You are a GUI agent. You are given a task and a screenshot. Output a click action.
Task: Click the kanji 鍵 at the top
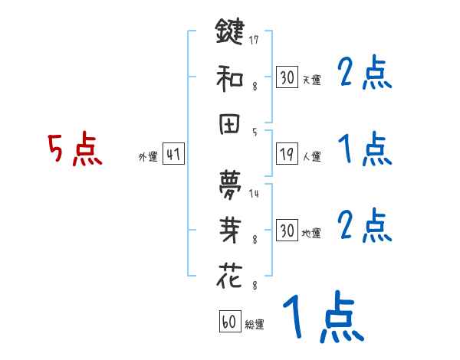[230, 33]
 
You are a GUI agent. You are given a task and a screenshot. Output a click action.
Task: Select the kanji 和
[230, 77]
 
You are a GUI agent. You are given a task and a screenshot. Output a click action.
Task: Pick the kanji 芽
[230, 230]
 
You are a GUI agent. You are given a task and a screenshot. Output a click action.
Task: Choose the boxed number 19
[287, 154]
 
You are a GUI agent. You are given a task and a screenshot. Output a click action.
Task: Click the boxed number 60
[229, 322]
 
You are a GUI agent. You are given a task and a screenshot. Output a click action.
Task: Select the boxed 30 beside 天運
[287, 77]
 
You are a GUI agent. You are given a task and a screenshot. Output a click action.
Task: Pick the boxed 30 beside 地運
[287, 231]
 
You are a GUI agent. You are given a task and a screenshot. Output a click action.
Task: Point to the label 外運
[147, 157]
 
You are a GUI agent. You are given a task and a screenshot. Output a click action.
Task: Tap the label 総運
[255, 325]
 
